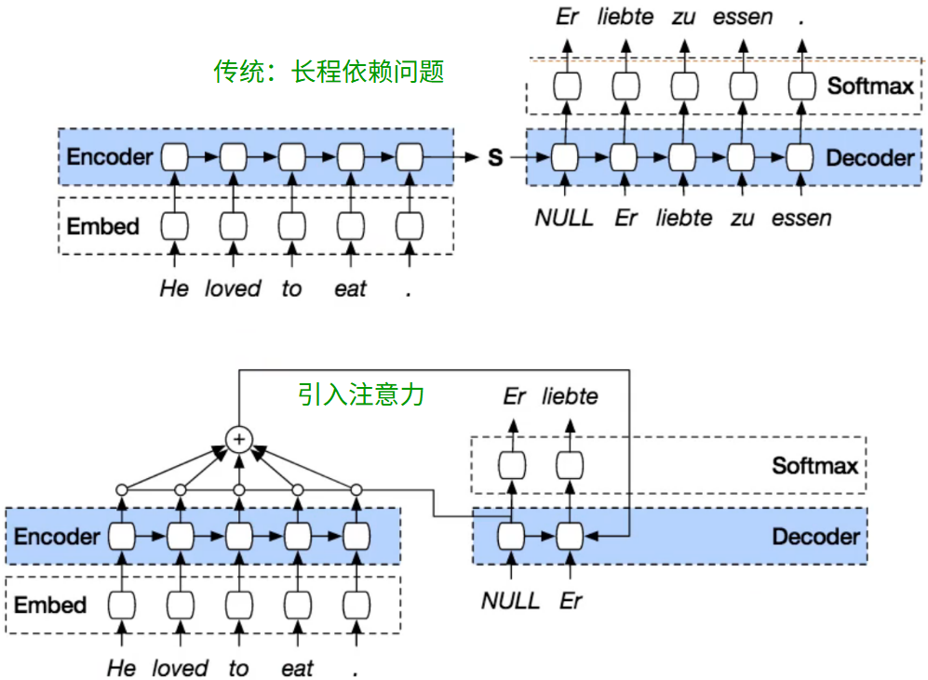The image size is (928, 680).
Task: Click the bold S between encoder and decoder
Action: [x=495, y=158]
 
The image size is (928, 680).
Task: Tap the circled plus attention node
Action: [x=239, y=437]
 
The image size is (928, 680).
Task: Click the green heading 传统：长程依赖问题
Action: [x=330, y=72]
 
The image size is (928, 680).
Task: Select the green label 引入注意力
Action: [x=361, y=394]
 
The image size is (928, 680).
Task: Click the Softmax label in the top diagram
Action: [x=870, y=87]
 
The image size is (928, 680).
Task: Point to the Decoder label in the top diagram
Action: [x=869, y=157]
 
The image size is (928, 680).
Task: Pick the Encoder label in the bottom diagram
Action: [x=56, y=537]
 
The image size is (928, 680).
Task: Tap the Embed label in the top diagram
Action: [x=102, y=226]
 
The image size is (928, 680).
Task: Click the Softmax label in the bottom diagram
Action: [x=814, y=464]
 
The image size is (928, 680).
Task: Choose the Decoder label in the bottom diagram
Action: [x=815, y=537]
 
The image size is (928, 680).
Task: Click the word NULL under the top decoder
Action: [x=563, y=219]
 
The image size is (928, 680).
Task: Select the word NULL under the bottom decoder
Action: [x=510, y=601]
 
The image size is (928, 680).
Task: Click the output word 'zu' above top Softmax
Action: [x=684, y=18]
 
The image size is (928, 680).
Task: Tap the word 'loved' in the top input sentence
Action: [x=233, y=289]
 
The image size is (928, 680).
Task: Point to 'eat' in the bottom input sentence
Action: [x=297, y=669]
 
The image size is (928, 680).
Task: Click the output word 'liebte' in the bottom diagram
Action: [x=570, y=397]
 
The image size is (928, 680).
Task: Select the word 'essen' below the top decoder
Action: [x=801, y=219]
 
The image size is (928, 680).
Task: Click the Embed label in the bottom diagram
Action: [x=49, y=606]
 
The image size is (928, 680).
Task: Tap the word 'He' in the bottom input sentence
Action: [x=121, y=669]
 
